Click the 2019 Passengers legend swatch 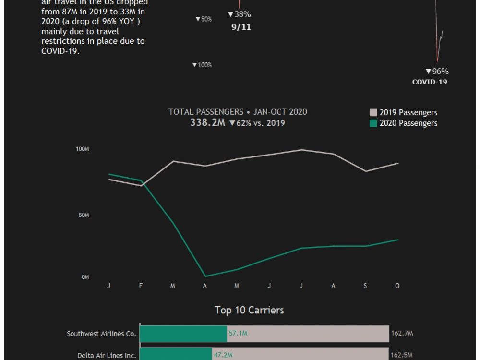pyautogui.click(x=373, y=113)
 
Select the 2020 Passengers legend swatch pyautogui.click(x=373, y=123)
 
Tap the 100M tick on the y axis pyautogui.click(x=83, y=149)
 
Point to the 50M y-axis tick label pyautogui.click(x=84, y=216)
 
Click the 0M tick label pyautogui.click(x=85, y=277)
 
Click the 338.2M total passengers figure pyautogui.click(x=207, y=123)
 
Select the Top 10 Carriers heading pyautogui.click(x=249, y=310)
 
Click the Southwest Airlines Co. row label pyautogui.click(x=101, y=334)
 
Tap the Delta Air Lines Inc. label pyautogui.click(x=107, y=356)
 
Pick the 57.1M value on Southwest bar pyautogui.click(x=238, y=333)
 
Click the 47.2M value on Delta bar pyautogui.click(x=223, y=356)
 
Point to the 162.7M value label pyautogui.click(x=402, y=333)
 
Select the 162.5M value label pyautogui.click(x=402, y=356)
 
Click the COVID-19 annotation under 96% pyautogui.click(x=430, y=82)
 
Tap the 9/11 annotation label pyautogui.click(x=241, y=27)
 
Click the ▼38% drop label pyautogui.click(x=239, y=14)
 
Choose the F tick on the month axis pyautogui.click(x=141, y=286)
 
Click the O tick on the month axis pyautogui.click(x=397, y=286)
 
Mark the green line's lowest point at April pyautogui.click(x=205, y=276)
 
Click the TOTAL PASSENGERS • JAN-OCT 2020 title pyautogui.click(x=238, y=112)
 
